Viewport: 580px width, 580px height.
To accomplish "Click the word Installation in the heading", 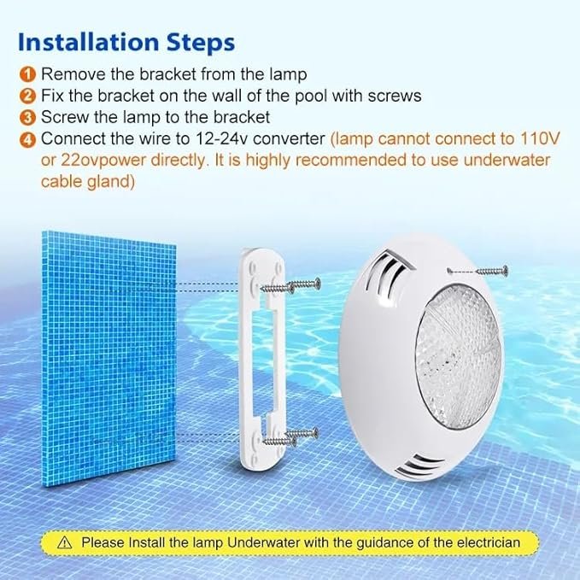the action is coord(88,42).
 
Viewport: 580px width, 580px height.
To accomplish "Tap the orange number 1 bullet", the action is coord(27,74).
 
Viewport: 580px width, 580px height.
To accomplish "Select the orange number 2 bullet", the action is coord(27,96).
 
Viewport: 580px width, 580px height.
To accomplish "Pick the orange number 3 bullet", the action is coord(27,118).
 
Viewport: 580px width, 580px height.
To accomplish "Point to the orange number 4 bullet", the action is coord(27,140).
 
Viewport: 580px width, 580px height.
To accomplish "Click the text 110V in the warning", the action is coord(540,138).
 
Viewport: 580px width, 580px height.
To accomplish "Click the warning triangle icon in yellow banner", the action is coord(65,543).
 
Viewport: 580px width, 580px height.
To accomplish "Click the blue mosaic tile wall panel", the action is coord(108,359).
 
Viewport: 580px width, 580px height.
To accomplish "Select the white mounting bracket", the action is coord(263,360).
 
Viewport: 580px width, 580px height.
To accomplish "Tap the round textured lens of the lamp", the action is coord(458,357).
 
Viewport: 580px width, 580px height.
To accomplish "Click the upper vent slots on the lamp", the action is coord(387,273).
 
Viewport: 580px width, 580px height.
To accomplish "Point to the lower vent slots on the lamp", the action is coord(420,466).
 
